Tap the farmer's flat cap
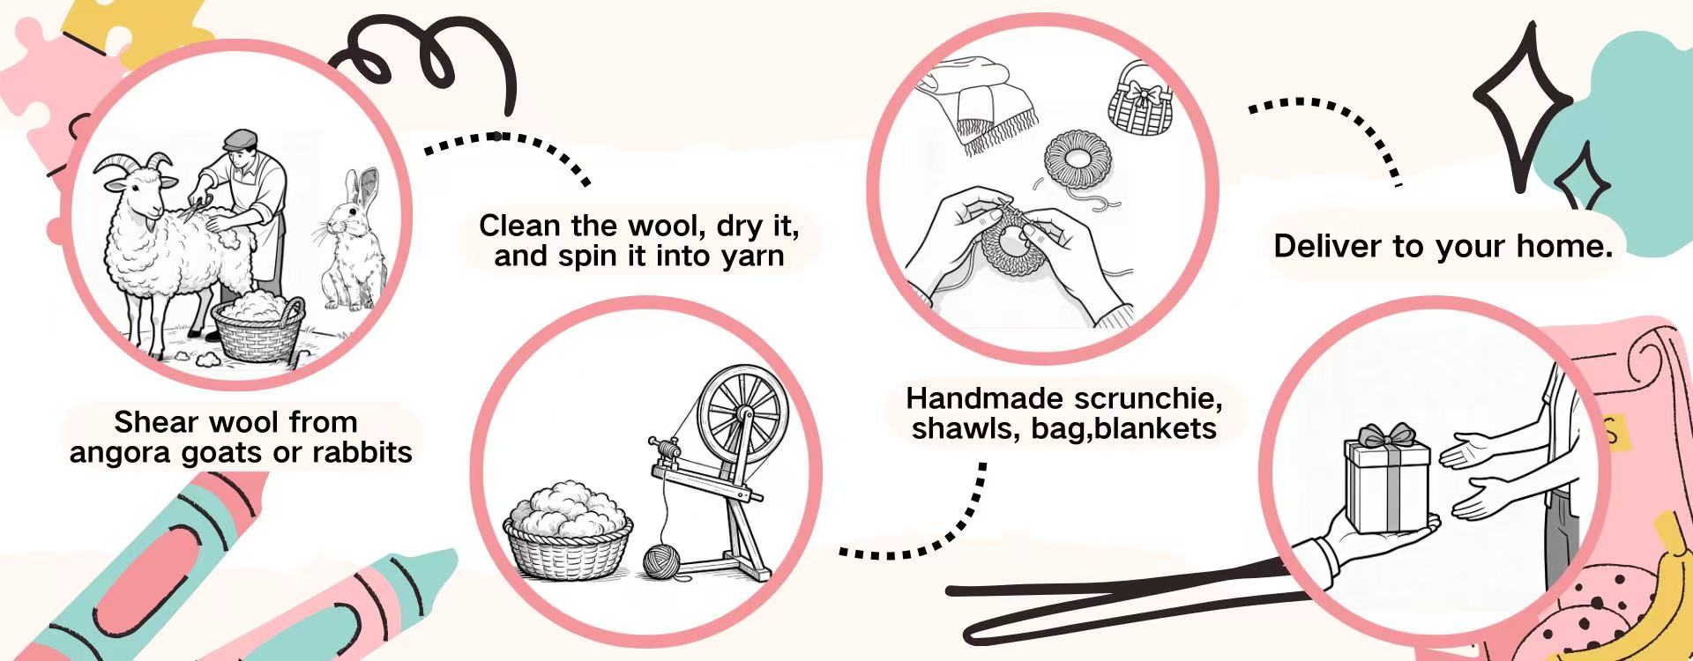click(x=239, y=139)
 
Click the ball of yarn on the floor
click(x=661, y=561)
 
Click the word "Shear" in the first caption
click(x=148, y=422)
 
